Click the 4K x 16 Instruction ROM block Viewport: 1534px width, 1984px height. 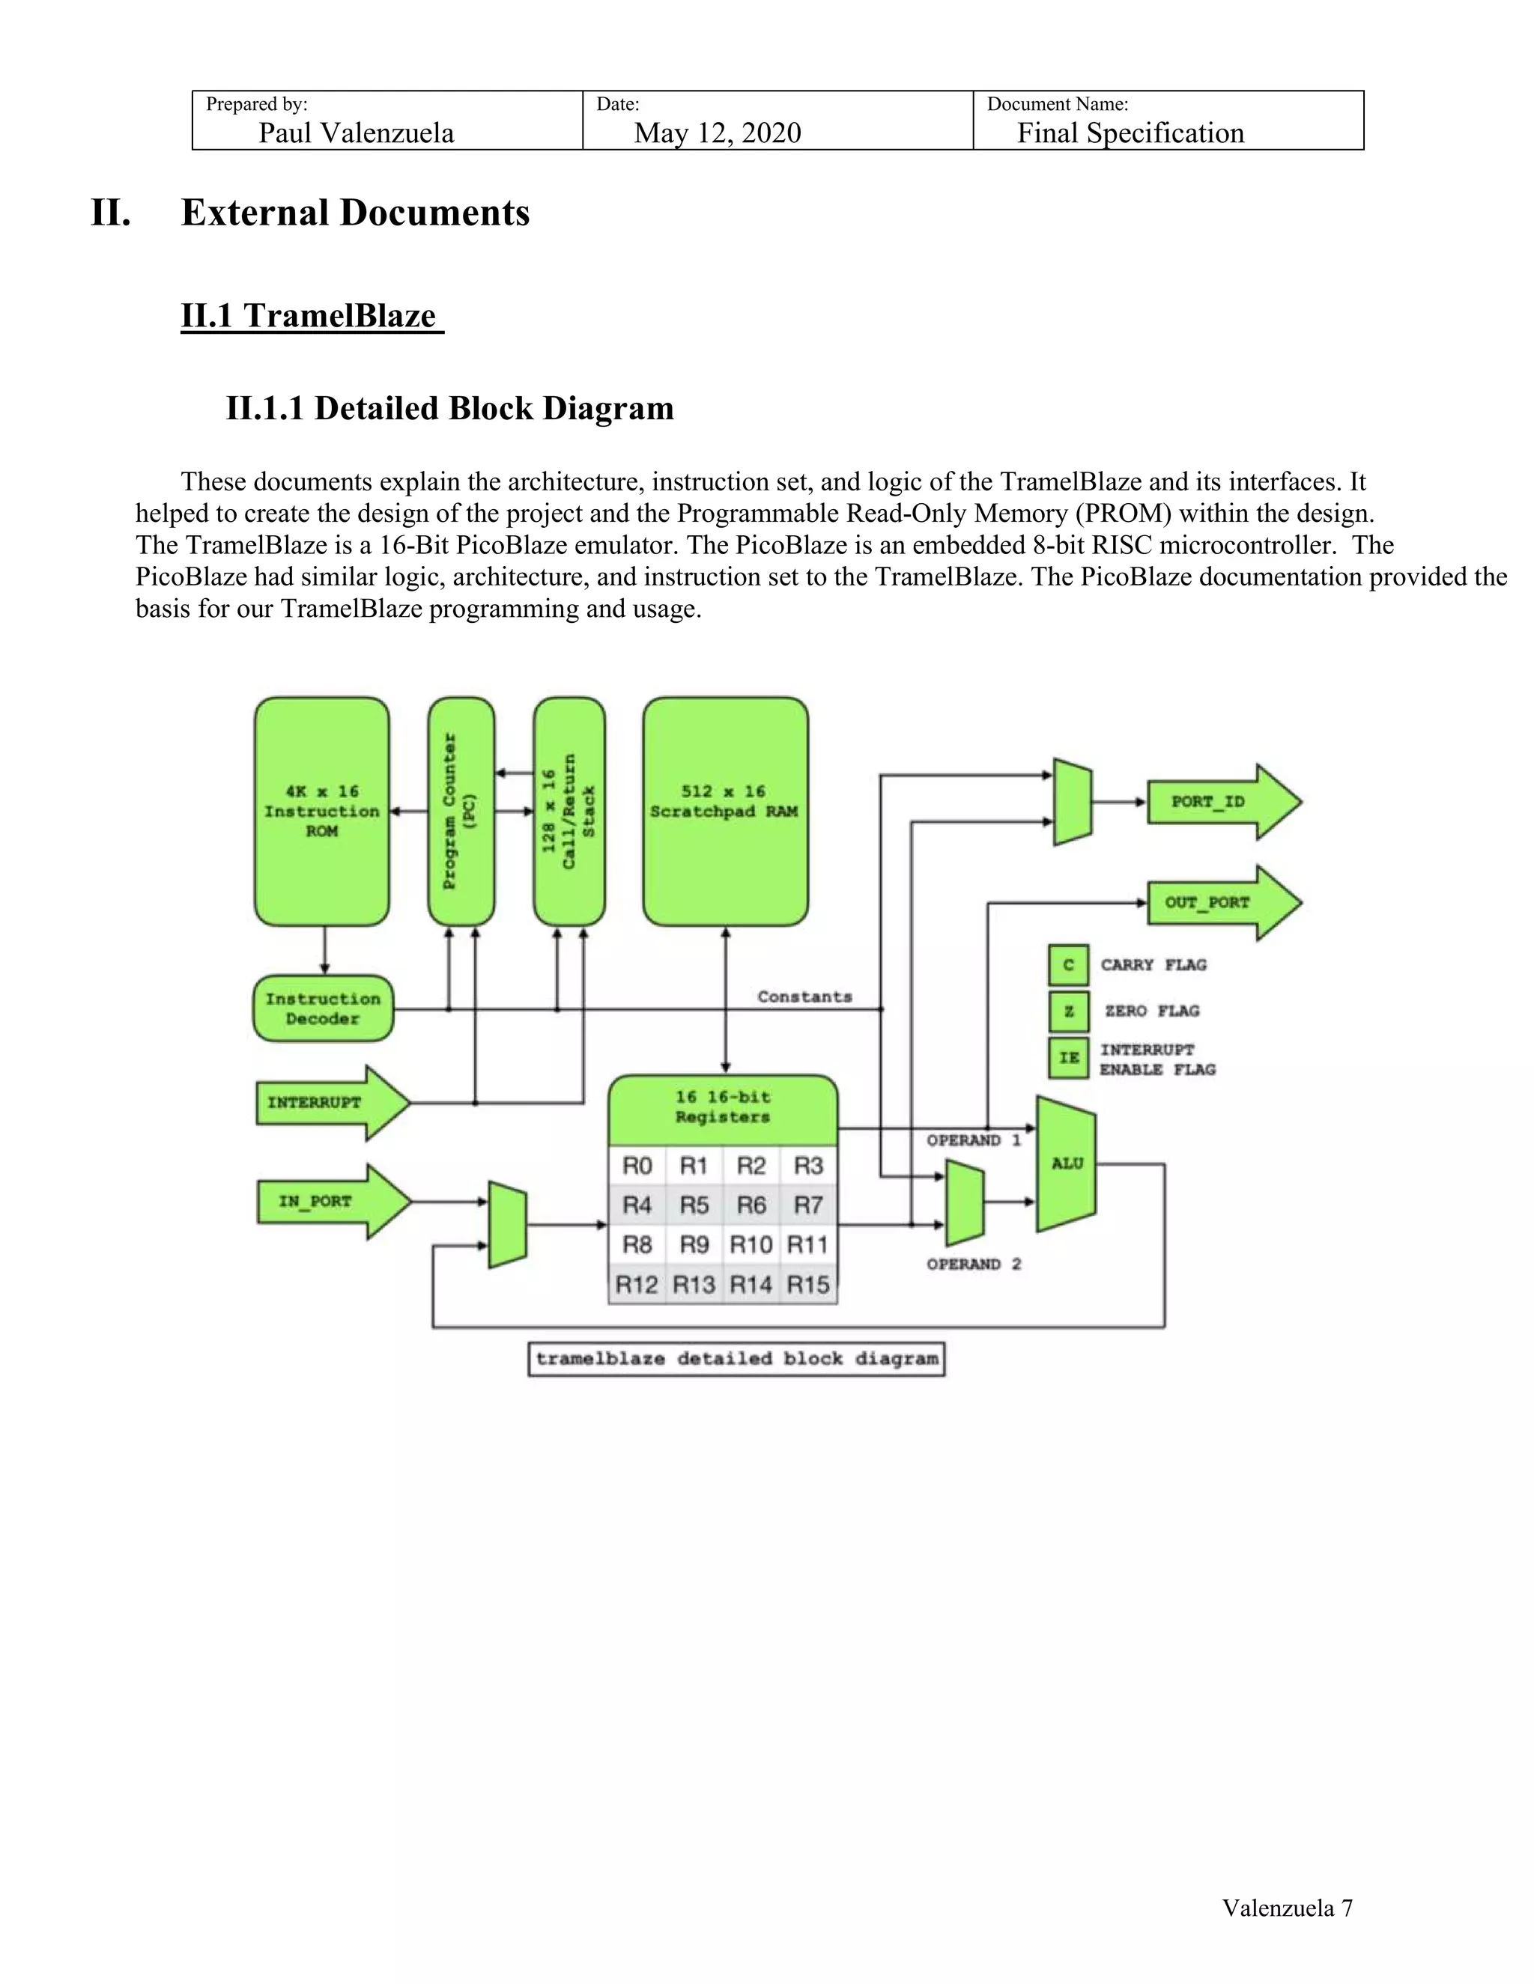click(321, 812)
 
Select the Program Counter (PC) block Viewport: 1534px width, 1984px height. click(461, 812)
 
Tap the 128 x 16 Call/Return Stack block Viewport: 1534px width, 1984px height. click(569, 812)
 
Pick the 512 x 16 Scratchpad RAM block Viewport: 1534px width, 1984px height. click(725, 812)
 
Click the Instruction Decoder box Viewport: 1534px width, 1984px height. click(323, 1008)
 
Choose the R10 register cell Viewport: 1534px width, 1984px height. click(751, 1244)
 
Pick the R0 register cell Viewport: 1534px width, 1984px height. click(637, 1166)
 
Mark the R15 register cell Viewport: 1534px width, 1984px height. click(808, 1285)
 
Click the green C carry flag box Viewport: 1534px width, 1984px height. click(1068, 965)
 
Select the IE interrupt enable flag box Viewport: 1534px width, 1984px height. click(1068, 1057)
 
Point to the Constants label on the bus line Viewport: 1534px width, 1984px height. click(804, 996)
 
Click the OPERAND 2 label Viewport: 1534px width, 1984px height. click(973, 1264)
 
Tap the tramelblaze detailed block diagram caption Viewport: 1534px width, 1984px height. click(736, 1359)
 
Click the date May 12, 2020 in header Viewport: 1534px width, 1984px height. click(717, 133)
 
